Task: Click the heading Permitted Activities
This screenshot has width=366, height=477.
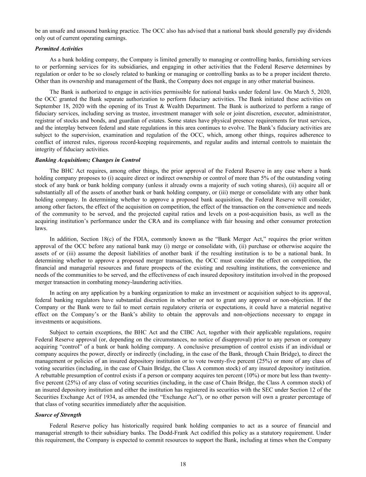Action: click(59, 49)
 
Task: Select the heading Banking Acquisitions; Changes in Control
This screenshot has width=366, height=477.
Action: click(88, 160)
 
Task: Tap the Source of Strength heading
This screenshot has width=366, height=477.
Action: click(58, 415)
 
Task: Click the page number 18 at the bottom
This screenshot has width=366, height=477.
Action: click(183, 464)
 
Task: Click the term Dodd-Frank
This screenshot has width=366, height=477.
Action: click(168, 433)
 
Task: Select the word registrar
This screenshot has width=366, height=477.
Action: click(45, 120)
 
